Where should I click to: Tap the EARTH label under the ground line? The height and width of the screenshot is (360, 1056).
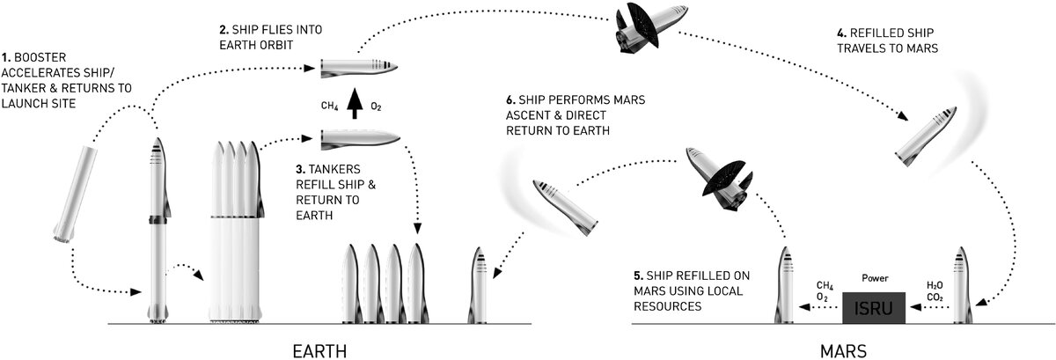click(x=319, y=349)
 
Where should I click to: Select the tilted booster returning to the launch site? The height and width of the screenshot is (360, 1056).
click(x=70, y=195)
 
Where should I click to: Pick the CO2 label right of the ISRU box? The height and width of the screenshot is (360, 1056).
click(x=935, y=298)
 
